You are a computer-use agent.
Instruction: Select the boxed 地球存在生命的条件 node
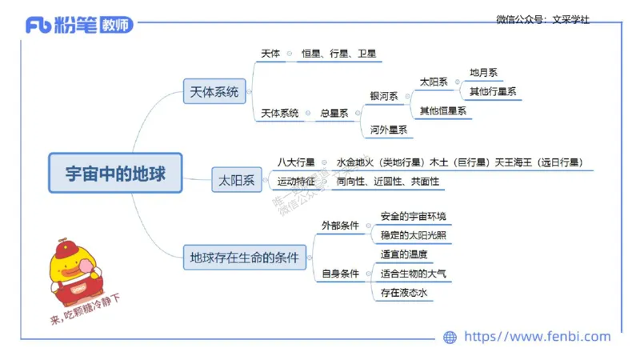click(x=244, y=258)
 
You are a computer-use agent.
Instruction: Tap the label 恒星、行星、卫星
click(x=338, y=54)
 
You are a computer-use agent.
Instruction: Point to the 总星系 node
click(x=334, y=114)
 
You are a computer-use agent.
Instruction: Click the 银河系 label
click(x=384, y=96)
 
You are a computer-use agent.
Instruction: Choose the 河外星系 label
click(x=389, y=130)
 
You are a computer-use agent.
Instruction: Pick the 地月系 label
click(x=484, y=73)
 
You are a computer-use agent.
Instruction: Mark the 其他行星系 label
click(x=493, y=91)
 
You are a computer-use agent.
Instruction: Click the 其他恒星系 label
click(x=443, y=111)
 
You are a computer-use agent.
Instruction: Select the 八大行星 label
click(x=297, y=162)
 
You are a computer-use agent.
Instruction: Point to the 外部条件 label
click(x=340, y=226)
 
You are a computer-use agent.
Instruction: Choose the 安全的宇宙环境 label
click(x=414, y=217)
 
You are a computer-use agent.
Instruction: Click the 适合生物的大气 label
click(x=414, y=274)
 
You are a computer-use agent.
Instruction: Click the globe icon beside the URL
click(x=450, y=338)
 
